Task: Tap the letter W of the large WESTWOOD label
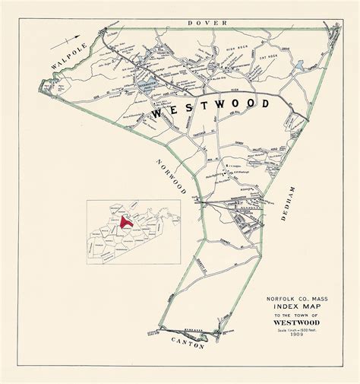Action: coord(158,112)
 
